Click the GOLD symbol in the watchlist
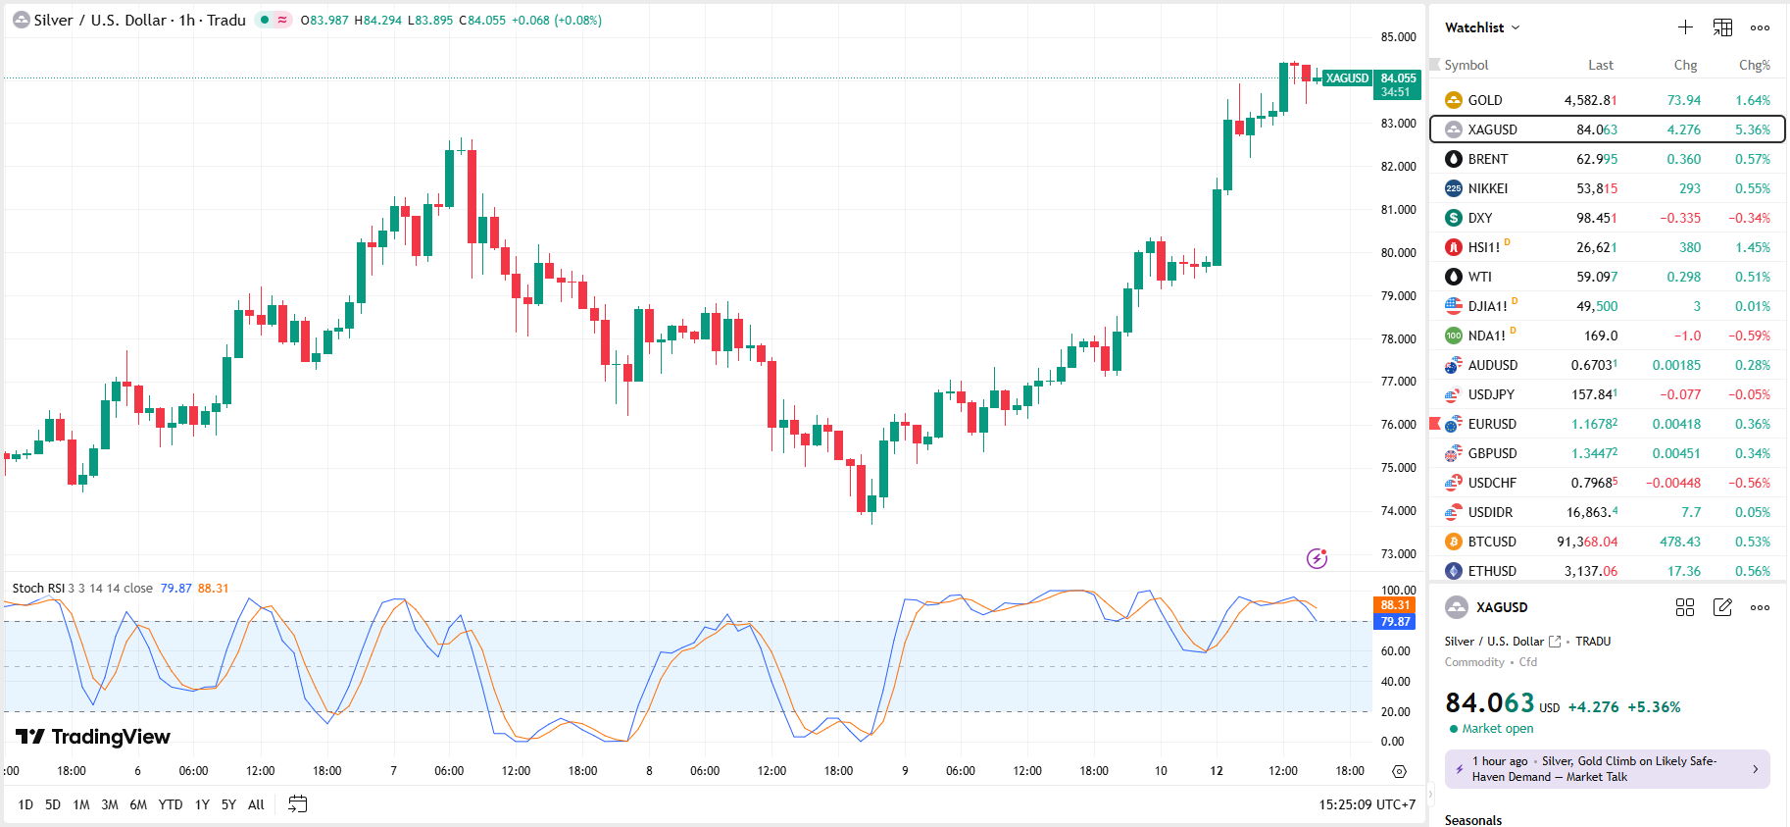(1484, 100)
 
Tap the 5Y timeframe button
(228, 804)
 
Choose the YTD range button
(171, 804)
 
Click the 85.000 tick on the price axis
(1398, 37)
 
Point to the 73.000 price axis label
(1398, 554)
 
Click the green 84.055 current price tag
(1398, 84)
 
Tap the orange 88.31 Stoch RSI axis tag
(1395, 605)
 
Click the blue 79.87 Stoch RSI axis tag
(1395, 622)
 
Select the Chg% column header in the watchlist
(1754, 65)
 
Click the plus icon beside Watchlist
(1685, 27)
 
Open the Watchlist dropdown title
(1481, 27)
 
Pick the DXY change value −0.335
(1679, 218)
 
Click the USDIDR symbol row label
(1490, 512)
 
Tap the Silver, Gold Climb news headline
(1607, 768)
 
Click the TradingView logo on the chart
(93, 737)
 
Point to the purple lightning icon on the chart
(1317, 558)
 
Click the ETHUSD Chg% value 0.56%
(1752, 571)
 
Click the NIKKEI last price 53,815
(1597, 188)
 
